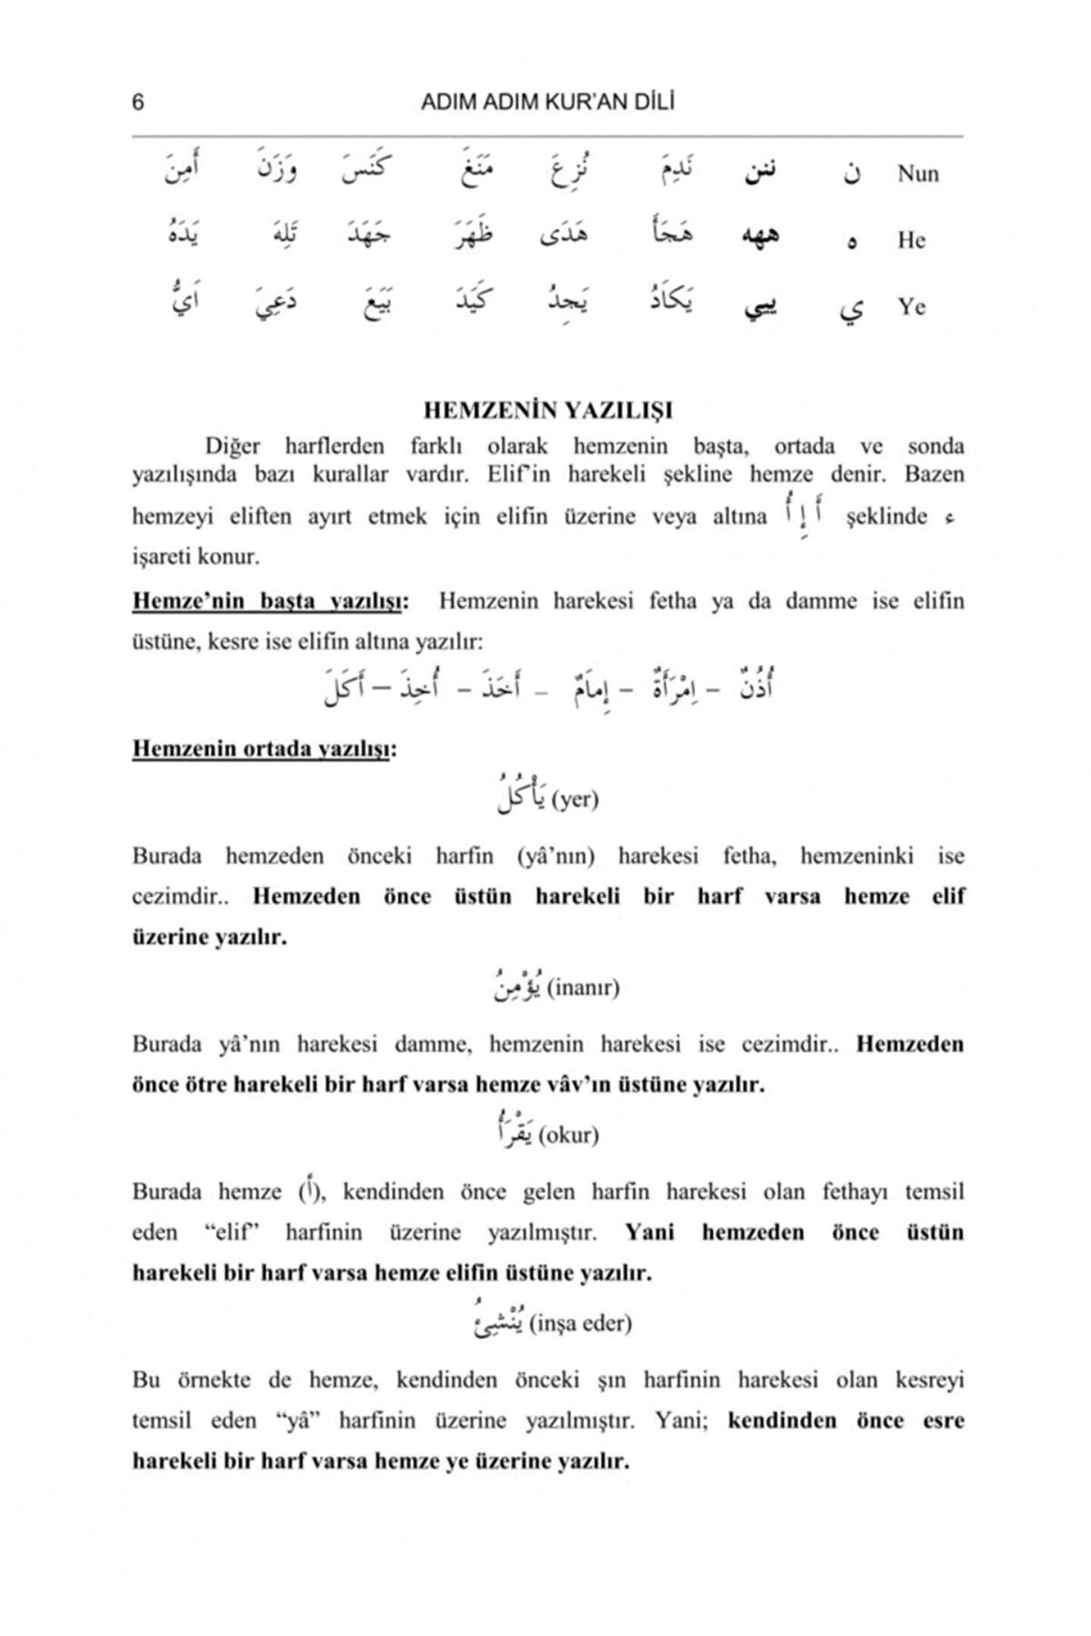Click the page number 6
[138, 102]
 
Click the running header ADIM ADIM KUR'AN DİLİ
[547, 102]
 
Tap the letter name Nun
[918, 174]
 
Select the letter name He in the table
[911, 241]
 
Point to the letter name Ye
[911, 308]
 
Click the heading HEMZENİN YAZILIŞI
[548, 411]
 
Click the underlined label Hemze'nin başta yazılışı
[270, 602]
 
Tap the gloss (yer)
[575, 800]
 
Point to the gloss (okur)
[568, 1136]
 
